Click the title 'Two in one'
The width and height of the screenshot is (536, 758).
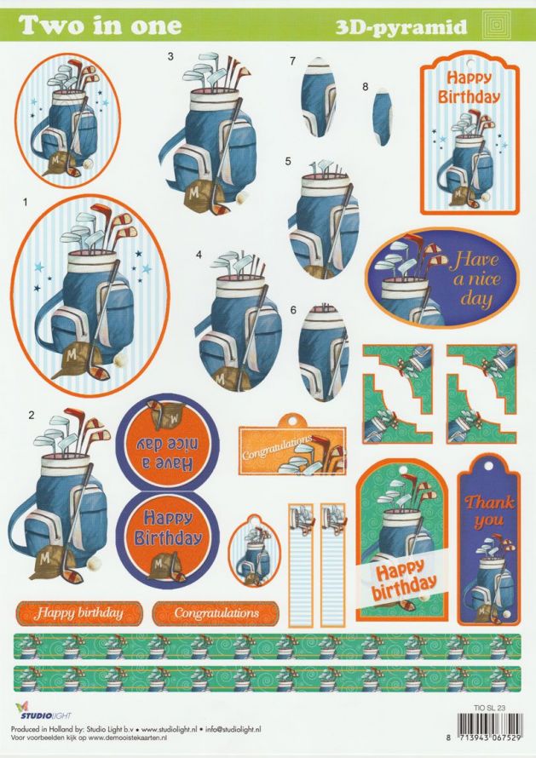click(x=101, y=26)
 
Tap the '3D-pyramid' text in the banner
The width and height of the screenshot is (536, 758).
click(x=401, y=27)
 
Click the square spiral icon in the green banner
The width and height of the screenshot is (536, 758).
click(x=499, y=26)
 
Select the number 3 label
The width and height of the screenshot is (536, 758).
click(x=170, y=56)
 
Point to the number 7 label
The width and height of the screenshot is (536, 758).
click(x=292, y=61)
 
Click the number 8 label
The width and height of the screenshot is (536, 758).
click(x=366, y=87)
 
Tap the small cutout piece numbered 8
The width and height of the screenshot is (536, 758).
click(x=382, y=117)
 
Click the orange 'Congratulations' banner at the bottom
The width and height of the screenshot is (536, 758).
click(x=216, y=613)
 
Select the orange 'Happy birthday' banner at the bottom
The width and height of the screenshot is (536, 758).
click(x=79, y=613)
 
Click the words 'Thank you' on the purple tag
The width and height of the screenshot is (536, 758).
click(x=488, y=511)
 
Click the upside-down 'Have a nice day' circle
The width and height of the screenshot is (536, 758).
click(x=167, y=442)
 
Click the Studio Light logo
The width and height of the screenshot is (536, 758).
click(x=43, y=710)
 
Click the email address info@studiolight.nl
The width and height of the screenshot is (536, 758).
click(x=233, y=729)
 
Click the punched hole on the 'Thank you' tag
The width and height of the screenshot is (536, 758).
click(x=488, y=466)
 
